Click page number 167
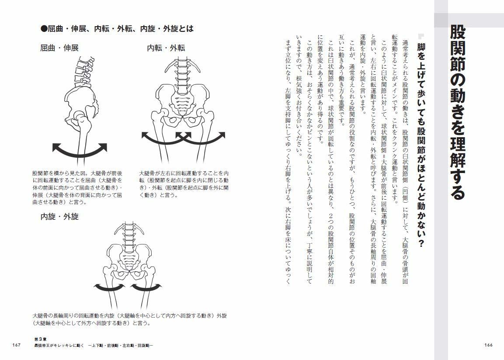click(17, 345)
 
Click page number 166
click(488, 345)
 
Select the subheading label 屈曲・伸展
click(59, 48)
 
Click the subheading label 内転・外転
click(166, 48)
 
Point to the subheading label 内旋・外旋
click(59, 217)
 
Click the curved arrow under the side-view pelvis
click(80, 149)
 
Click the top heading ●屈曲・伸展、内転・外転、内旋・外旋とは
click(117, 29)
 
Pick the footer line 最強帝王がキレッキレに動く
click(94, 346)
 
